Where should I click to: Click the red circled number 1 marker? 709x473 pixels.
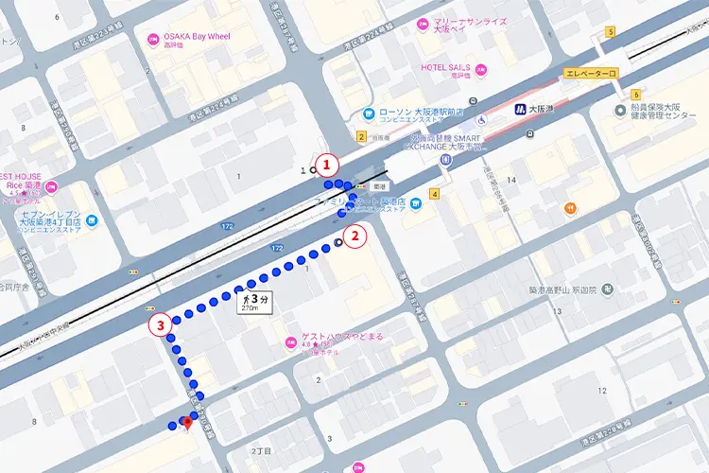click(327, 164)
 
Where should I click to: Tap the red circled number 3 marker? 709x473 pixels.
click(162, 324)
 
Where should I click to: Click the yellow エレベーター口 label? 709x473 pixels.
click(588, 73)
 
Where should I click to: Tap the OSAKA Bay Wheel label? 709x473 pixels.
click(199, 37)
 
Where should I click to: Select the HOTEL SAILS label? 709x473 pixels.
click(446, 68)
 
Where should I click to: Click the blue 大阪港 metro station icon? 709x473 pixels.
click(519, 110)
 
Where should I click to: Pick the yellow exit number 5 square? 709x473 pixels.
click(612, 32)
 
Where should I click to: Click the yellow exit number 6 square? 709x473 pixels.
click(637, 94)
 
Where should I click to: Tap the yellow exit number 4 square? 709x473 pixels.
click(435, 194)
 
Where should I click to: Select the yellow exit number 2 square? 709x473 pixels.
click(361, 136)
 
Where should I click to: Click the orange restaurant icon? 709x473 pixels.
click(570, 208)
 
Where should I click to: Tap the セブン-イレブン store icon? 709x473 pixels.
click(92, 220)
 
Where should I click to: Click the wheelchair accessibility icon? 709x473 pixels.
click(482, 120)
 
